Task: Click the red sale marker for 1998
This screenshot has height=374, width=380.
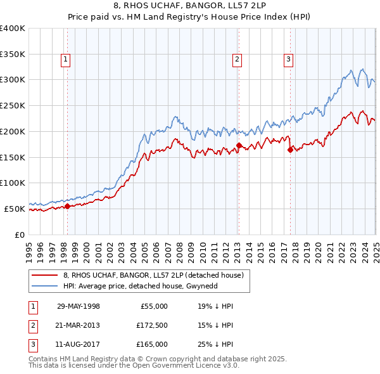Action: pyautogui.click(x=67, y=206)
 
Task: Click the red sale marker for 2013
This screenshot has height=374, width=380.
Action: pyautogui.click(x=239, y=145)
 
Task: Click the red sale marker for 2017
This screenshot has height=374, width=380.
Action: pyautogui.click(x=290, y=150)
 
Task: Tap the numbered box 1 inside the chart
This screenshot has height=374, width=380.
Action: pyautogui.click(x=66, y=60)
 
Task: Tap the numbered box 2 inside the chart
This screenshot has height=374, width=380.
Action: pyautogui.click(x=237, y=60)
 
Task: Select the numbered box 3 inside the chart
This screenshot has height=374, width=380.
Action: pyautogui.click(x=288, y=60)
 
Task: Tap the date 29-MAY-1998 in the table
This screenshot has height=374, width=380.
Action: pyautogui.click(x=78, y=306)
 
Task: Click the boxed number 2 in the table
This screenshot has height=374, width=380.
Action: pyautogui.click(x=33, y=325)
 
